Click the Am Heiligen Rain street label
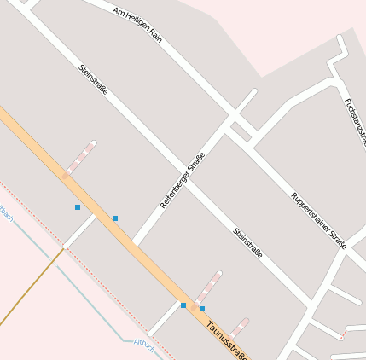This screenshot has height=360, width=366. [137, 22]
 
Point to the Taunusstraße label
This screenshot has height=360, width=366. [227, 340]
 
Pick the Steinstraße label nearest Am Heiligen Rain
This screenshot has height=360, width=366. [94, 79]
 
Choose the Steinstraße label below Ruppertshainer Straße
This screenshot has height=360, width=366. [247, 242]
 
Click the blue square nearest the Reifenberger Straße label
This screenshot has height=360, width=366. [115, 218]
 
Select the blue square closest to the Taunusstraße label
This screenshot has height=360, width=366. [202, 309]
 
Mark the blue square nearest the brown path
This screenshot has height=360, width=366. [78, 207]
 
